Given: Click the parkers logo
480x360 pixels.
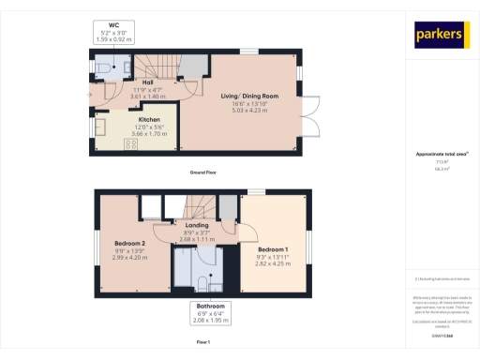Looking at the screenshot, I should coord(441,36).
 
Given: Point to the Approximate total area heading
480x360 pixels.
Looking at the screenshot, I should coord(435,154).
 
